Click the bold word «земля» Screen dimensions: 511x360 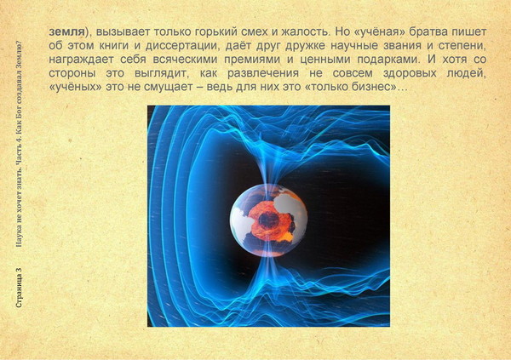tap(66, 32)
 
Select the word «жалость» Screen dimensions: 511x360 tap(302, 32)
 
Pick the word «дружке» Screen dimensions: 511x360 tap(305, 46)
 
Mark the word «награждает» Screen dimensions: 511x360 tap(81, 60)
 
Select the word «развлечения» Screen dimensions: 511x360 tap(262, 74)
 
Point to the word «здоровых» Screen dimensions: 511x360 tap(410, 74)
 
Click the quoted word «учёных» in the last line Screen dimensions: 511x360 tap(76, 88)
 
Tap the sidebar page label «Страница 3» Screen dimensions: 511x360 tap(19, 288)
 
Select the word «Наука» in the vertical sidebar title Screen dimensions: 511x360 tap(19, 235)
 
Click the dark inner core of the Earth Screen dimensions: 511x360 tap(268, 220)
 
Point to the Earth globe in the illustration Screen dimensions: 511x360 tap(268, 220)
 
